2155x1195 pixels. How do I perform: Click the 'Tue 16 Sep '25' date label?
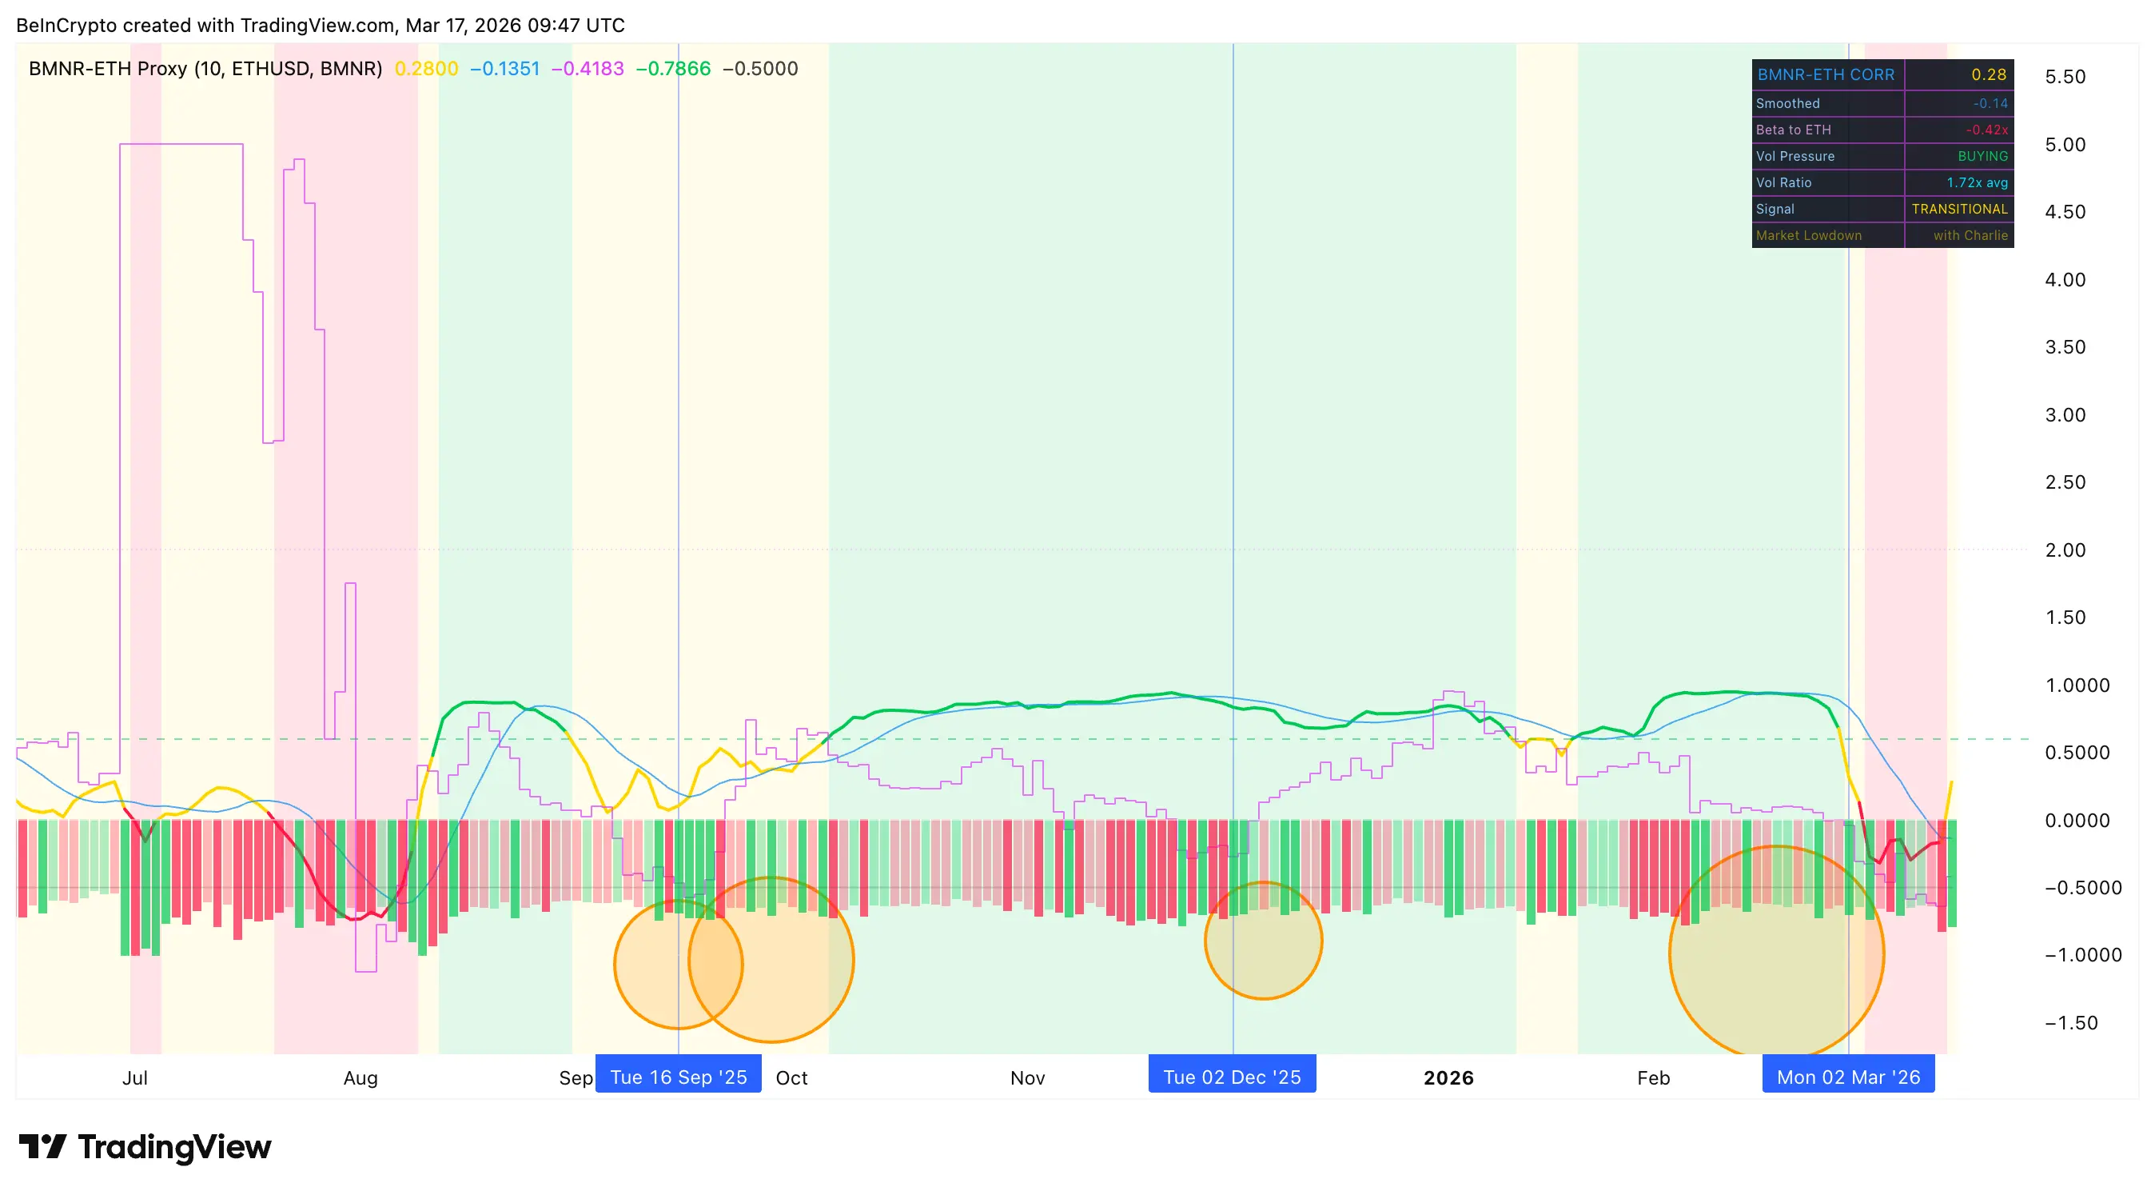point(678,1076)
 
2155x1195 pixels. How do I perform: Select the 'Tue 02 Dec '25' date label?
point(1232,1076)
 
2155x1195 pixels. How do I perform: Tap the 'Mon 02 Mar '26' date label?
point(1848,1076)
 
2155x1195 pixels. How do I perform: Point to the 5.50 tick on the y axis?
point(2065,77)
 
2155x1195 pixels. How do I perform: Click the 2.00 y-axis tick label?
point(2065,550)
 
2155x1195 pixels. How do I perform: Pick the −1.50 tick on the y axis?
point(2070,1022)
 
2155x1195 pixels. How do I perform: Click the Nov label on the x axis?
point(1027,1078)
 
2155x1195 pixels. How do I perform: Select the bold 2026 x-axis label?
point(1448,1078)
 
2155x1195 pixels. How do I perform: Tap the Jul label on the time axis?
point(134,1078)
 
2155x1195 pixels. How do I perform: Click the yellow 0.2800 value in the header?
point(426,69)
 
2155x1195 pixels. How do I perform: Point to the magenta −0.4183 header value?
point(588,69)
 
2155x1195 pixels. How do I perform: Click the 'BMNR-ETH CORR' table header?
point(1826,74)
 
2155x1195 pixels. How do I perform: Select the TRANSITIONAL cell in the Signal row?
point(1958,210)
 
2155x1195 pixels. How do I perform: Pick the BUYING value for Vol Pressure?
point(1982,157)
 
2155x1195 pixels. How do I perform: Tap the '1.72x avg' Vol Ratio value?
point(1976,182)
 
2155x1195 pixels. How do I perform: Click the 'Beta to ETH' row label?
point(1793,130)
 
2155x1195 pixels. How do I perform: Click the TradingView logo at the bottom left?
point(145,1146)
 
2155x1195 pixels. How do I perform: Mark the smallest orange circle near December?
point(1263,941)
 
